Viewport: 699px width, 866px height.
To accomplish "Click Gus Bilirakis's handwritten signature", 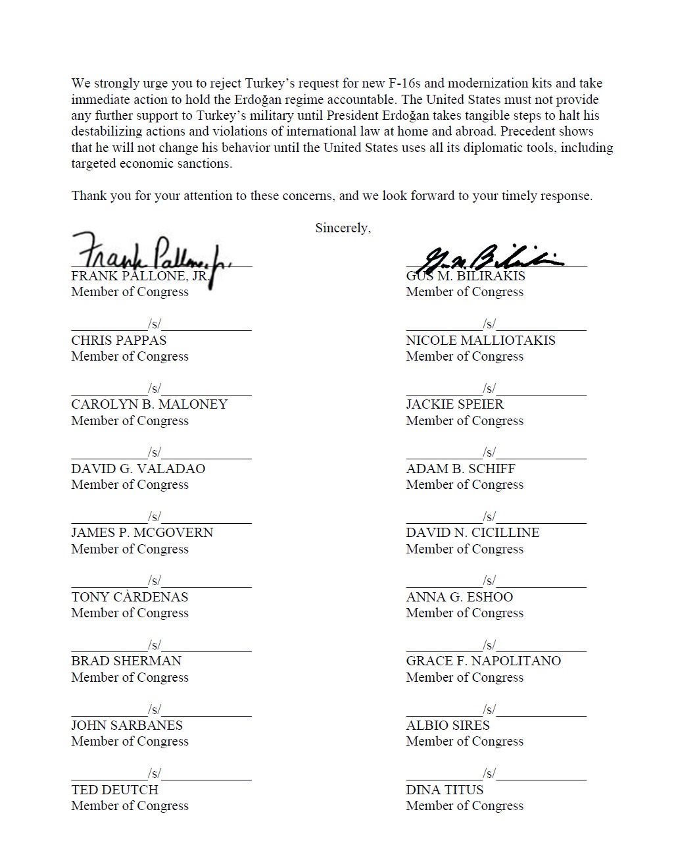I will point(490,258).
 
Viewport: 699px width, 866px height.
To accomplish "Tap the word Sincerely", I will point(343,228).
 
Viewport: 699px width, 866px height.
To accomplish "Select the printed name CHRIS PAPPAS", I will point(119,341).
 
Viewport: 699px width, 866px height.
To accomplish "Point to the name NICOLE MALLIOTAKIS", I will point(481,341).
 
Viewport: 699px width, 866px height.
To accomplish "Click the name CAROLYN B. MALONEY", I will point(149,405).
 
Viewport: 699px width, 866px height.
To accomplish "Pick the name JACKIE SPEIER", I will point(455,405).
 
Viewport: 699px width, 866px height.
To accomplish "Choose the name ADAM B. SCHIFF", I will point(460,469).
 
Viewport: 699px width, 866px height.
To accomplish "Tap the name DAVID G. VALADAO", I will point(138,469).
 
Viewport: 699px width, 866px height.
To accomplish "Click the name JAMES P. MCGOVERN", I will point(142,533).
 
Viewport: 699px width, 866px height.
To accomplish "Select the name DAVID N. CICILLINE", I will point(473,533).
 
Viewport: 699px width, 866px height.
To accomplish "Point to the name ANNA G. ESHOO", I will point(460,598).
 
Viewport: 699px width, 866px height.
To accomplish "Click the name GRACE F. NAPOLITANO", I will point(483,661).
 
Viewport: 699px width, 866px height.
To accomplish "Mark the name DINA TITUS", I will point(445,790).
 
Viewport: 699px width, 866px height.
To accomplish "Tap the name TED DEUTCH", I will point(114,790).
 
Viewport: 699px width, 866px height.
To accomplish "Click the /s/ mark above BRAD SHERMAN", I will point(155,645).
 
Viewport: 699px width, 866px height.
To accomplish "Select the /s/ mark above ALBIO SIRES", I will point(489,709).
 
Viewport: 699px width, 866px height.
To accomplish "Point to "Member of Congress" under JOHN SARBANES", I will point(130,742).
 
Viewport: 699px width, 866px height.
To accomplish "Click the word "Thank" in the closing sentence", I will point(89,196).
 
